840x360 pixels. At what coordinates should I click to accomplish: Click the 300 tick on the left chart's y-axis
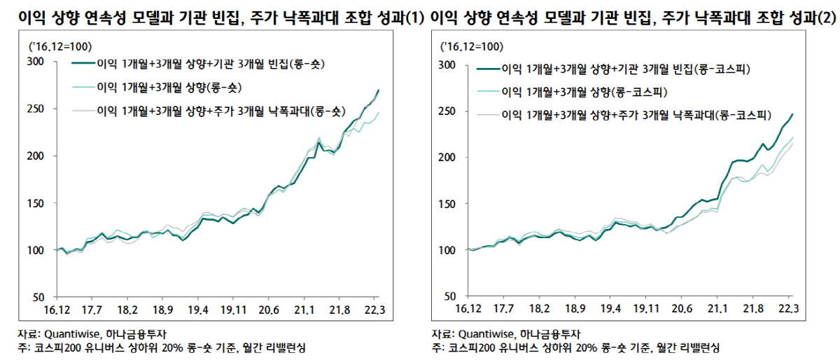(36, 62)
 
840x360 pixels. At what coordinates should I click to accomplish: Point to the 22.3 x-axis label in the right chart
(787, 308)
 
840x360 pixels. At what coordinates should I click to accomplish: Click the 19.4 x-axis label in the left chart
(198, 308)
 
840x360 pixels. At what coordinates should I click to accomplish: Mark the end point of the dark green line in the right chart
(792, 114)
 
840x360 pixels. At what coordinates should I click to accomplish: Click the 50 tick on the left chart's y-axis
(38, 296)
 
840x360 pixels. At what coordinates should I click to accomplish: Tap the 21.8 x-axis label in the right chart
(752, 308)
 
